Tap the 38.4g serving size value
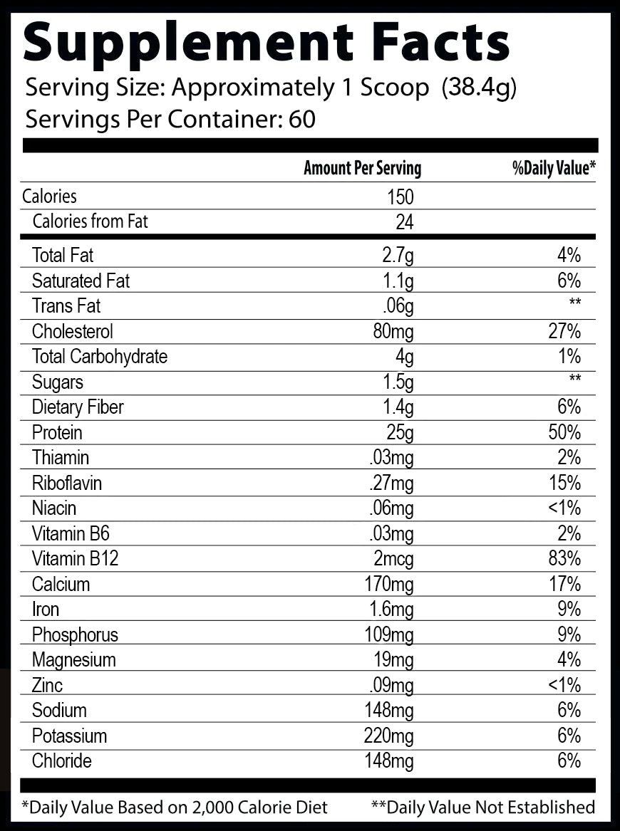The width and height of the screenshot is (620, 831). tap(479, 88)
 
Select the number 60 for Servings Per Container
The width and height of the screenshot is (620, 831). tap(302, 119)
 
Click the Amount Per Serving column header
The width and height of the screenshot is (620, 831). tap(362, 168)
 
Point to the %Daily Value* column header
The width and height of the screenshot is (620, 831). tap(553, 168)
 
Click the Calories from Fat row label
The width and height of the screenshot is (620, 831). tap(91, 221)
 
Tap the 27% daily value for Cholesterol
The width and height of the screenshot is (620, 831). tap(565, 331)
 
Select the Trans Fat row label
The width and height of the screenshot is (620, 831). tap(66, 306)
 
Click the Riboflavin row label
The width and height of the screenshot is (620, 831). tap(67, 484)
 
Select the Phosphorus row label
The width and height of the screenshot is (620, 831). tap(75, 635)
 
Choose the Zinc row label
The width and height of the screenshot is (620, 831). tap(47, 686)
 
